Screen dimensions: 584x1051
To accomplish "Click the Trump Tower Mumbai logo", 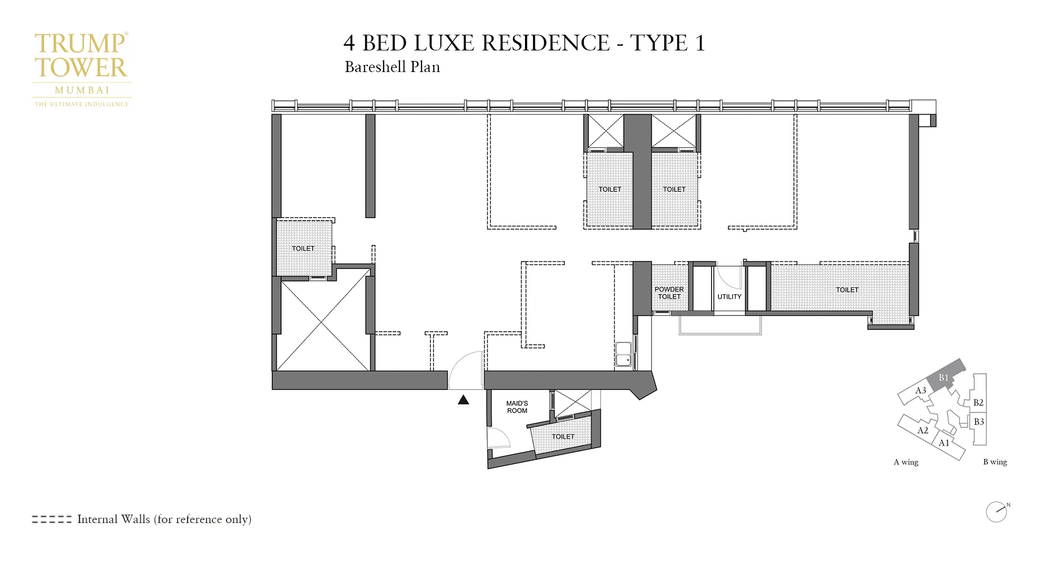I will [81, 68].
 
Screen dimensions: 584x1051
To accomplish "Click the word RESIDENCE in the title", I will [545, 43].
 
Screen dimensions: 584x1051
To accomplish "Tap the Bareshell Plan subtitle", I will [392, 67].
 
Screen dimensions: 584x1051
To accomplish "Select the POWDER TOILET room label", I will [669, 293].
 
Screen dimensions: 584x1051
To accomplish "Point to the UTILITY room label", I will [729, 296].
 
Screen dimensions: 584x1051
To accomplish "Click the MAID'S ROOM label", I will [517, 407].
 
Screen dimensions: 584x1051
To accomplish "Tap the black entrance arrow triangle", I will [463, 400].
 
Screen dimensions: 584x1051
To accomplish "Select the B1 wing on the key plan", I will [945, 376].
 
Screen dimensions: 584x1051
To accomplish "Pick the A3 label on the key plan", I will [921, 391].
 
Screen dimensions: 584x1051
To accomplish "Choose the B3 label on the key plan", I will [978, 422].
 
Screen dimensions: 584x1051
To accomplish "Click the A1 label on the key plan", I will [944, 443].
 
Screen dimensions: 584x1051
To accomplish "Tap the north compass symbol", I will [997, 511].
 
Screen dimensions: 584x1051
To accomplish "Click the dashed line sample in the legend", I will [51, 519].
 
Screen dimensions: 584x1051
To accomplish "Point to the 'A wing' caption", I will [906, 462].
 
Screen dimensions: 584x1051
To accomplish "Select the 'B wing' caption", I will [995, 462].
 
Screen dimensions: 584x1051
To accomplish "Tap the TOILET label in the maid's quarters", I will [563, 436].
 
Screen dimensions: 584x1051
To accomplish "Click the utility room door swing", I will [729, 278].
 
